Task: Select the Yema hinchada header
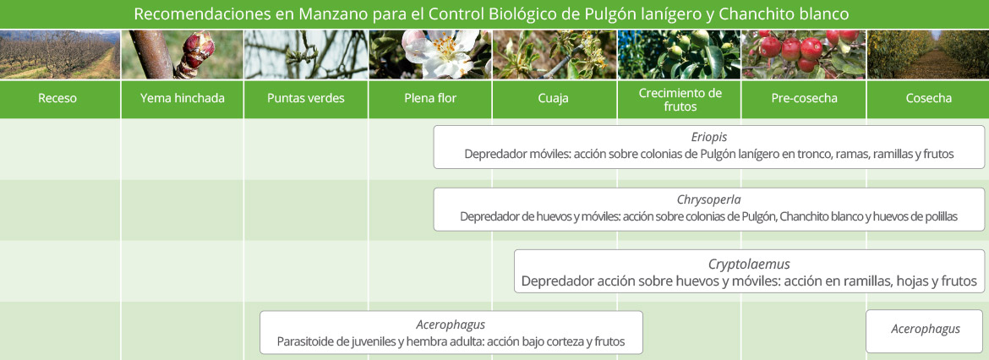(183, 99)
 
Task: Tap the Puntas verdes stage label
(306, 99)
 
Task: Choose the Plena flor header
(430, 99)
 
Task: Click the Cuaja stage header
(555, 99)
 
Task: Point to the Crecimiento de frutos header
(680, 99)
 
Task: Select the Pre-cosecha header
(804, 99)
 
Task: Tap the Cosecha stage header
(928, 99)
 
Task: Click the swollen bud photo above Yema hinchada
(183, 54)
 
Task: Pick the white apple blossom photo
(430, 54)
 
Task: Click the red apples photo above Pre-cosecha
(804, 54)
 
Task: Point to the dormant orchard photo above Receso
(60, 54)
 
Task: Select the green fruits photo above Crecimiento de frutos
(680, 54)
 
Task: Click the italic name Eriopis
(709, 138)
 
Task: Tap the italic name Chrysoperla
(709, 200)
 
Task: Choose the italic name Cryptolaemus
(749, 265)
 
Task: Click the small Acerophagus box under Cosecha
(926, 331)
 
